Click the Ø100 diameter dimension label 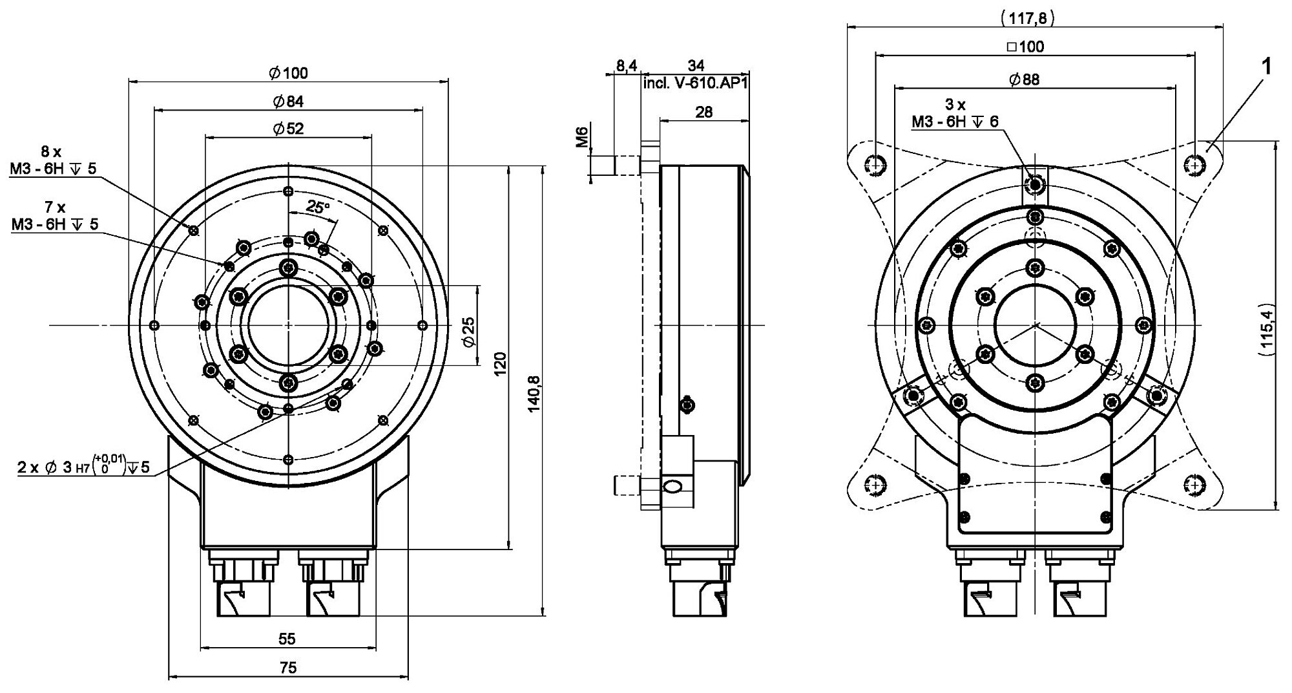click(288, 73)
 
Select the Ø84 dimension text click(288, 101)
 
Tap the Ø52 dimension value click(288, 129)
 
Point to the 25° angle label click(318, 207)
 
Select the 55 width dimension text click(287, 639)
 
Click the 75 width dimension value click(288, 668)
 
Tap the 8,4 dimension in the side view click(626, 65)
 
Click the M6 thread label click(582, 138)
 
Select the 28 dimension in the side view click(704, 112)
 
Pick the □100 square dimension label click(1025, 47)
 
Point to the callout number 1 click(1267, 65)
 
